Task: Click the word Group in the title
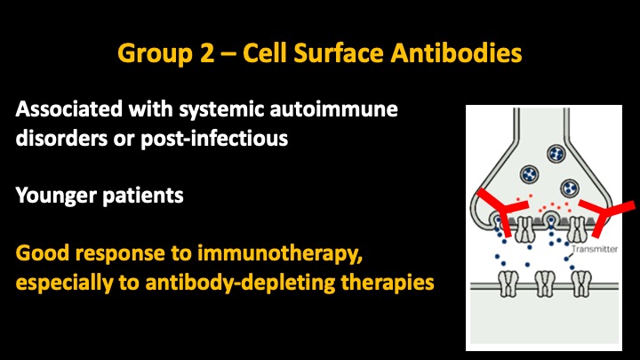pos(155,53)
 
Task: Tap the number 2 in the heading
pos(207,52)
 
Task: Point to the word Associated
pos(69,109)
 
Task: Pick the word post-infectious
pos(214,139)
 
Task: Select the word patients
pos(143,196)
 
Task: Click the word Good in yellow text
pos(43,252)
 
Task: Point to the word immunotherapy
pos(280,253)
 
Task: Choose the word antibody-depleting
pos(240,283)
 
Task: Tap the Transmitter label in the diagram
pos(595,249)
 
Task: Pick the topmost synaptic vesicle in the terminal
pos(556,154)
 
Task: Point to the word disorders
pos(61,139)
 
